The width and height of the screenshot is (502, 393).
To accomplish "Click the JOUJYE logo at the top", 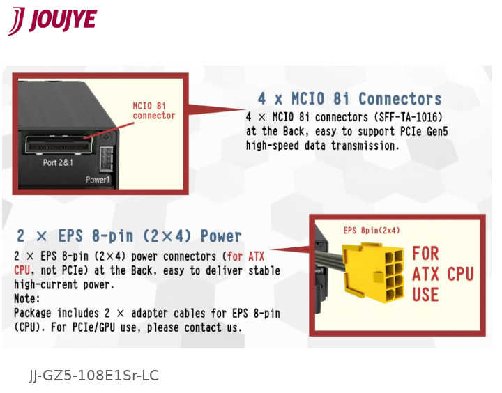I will coord(52,20).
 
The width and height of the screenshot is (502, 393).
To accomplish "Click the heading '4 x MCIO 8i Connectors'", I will coord(349,99).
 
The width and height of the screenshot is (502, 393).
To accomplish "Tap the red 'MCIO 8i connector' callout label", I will coord(153,111).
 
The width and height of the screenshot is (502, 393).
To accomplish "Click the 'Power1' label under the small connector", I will coord(98,179).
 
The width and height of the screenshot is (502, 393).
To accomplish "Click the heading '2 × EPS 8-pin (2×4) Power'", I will coord(129,236).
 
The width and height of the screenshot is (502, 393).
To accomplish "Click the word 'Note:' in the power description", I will coord(27,299).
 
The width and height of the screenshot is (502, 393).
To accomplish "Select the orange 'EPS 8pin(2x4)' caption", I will coord(372,231).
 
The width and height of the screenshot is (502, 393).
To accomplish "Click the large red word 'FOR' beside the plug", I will coord(425,253).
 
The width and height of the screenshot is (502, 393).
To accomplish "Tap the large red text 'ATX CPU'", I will coord(443,274).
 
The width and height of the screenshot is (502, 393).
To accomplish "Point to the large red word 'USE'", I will coord(425,295).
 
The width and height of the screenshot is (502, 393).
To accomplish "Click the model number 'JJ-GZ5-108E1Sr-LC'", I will coord(94,376).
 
